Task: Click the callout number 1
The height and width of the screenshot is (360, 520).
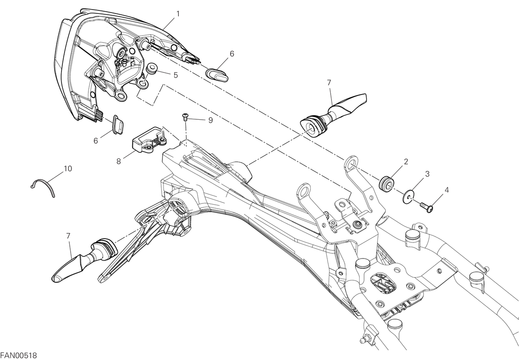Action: coord(178,14)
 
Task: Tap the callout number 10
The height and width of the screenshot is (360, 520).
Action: coord(68,168)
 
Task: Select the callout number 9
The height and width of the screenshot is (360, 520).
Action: coord(210,120)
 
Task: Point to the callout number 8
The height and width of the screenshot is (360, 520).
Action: coord(119,161)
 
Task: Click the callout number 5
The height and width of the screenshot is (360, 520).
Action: coord(176,75)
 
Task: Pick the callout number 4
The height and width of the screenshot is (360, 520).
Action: coord(447,190)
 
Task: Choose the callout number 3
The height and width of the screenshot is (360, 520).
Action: coord(427,174)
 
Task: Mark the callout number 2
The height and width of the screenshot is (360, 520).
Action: coord(406,161)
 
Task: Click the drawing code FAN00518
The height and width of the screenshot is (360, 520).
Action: coord(19,356)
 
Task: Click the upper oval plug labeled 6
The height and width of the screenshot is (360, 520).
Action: coord(217,75)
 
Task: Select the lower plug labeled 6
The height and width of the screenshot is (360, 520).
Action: coord(118,124)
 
